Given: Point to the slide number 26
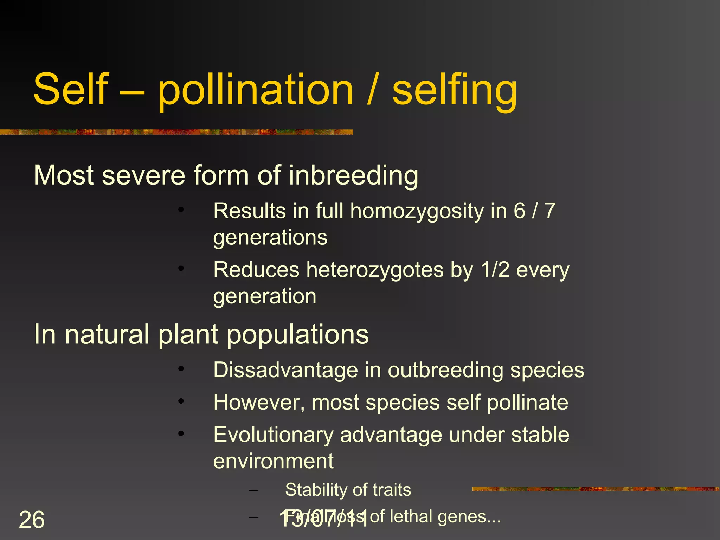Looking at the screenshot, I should (32, 520).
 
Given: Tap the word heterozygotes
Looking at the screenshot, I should (374, 270).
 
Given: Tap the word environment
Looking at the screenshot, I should (273, 461).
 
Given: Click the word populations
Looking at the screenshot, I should (297, 334).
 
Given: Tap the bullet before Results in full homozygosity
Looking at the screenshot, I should (181, 210).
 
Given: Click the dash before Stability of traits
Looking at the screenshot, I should (253, 490).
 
